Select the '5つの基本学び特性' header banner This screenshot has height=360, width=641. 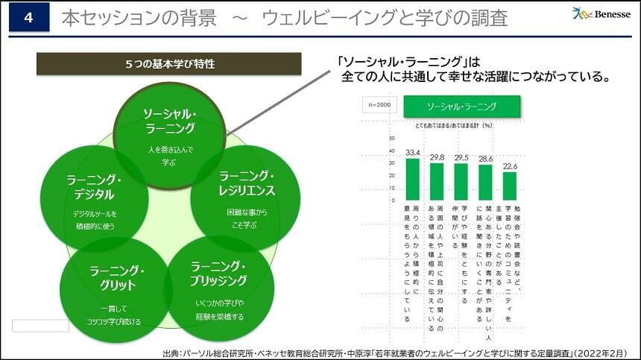click(x=169, y=64)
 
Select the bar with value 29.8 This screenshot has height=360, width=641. click(x=437, y=181)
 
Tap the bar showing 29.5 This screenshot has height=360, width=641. click(x=461, y=182)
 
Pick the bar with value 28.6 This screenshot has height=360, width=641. click(x=485, y=182)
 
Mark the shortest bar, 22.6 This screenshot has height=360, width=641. click(x=509, y=186)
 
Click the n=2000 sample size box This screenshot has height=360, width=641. click(x=380, y=106)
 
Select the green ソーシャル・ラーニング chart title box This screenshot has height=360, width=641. click(x=461, y=106)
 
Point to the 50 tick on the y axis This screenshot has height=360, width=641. click(x=392, y=138)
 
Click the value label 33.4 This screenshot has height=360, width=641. click(x=413, y=152)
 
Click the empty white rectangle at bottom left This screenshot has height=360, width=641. click(x=40, y=326)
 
